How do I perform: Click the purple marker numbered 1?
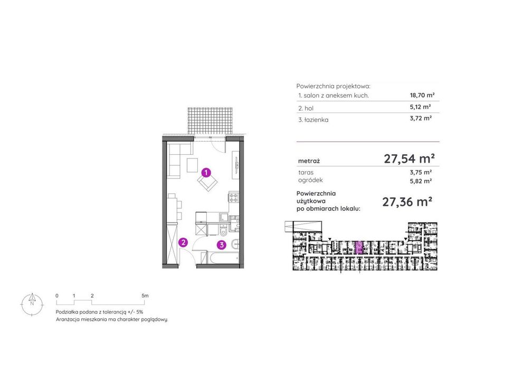point(206,172)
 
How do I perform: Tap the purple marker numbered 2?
point(183,243)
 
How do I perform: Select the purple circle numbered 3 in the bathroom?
point(222,245)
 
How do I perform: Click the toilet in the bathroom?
point(223,231)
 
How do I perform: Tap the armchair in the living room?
point(207,182)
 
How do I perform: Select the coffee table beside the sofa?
point(193,165)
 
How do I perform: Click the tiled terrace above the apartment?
point(210,121)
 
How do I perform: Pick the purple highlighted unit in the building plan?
point(359,248)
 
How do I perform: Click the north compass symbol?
point(32,304)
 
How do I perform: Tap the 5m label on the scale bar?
point(145,295)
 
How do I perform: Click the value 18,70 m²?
point(422,95)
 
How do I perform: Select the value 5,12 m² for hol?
point(421,107)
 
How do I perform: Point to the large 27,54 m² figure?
point(409,158)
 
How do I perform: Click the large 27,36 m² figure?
point(407,202)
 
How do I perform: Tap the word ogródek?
point(310,180)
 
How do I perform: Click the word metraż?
point(309,161)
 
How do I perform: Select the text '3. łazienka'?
point(313,120)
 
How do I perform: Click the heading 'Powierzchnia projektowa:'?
point(333,86)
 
